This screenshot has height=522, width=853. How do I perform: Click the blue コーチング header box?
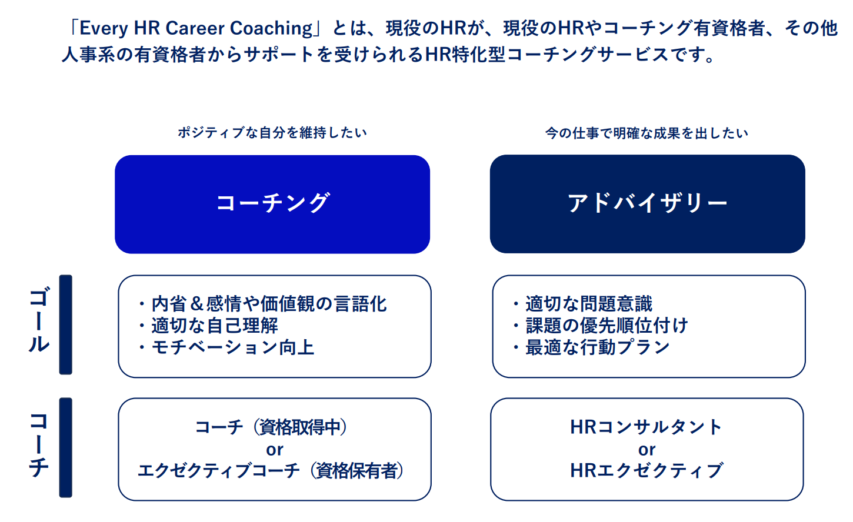pos(272,205)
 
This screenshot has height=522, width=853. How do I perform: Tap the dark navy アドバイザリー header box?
pos(647,204)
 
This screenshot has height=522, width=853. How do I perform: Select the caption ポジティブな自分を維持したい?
pos(272,133)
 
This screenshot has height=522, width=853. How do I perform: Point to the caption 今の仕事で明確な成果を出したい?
pos(647,133)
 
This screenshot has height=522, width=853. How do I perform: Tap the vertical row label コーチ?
pos(39,445)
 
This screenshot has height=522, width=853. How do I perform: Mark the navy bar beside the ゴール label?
pos(65,324)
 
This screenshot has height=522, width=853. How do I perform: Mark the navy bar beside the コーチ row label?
pos(65,447)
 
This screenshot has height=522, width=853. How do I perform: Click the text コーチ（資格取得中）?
pos(271,427)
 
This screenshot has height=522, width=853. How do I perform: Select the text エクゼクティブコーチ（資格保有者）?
pos(271,471)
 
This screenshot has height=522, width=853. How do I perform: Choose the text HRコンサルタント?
pos(647,427)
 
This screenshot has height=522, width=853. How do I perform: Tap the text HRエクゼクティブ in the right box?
pos(647,471)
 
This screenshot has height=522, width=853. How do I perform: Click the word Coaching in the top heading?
pos(272,29)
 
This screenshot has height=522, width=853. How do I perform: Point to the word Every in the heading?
pos(104,29)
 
